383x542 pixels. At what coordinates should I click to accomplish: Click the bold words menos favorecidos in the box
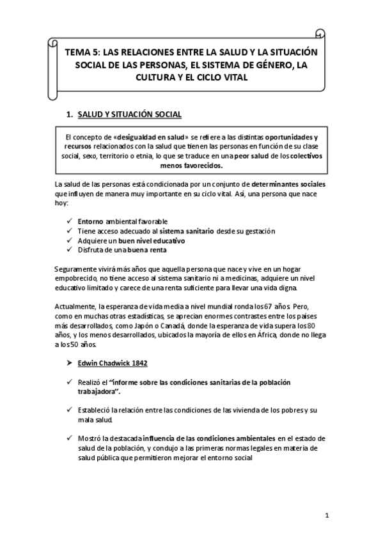tap(191, 164)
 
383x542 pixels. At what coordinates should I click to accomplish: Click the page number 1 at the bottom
tap(325, 516)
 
